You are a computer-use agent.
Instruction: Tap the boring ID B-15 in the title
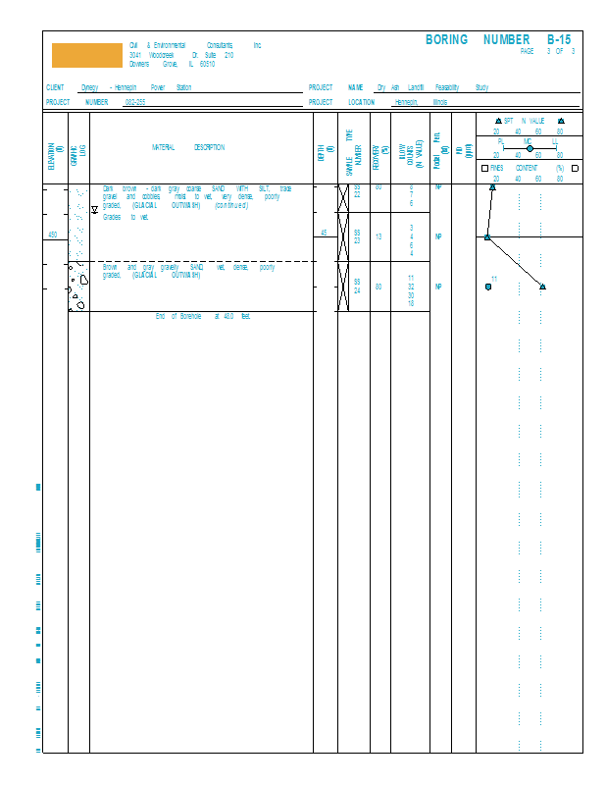tap(558, 40)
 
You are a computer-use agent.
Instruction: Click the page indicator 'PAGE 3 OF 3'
tap(547, 51)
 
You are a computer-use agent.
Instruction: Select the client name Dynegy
tap(89, 87)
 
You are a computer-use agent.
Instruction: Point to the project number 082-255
tap(134, 102)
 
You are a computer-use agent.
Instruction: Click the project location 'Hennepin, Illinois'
tap(421, 102)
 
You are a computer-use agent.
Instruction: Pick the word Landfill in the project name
tap(416, 87)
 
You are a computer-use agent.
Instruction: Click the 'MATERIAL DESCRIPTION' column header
tap(187, 148)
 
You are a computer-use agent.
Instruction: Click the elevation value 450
tap(53, 235)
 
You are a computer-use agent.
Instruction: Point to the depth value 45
tap(325, 234)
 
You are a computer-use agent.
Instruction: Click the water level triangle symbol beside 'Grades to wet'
tap(95, 210)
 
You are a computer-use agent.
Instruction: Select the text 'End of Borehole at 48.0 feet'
tap(203, 316)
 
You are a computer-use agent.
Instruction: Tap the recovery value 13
tap(379, 236)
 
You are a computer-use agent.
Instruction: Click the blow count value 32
tap(411, 287)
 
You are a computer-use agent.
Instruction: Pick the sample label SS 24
tap(357, 286)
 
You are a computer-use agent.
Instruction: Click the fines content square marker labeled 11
tap(488, 287)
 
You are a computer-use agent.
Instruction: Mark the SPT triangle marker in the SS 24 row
tap(542, 287)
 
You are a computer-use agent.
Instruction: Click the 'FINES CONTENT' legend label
tap(527, 168)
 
